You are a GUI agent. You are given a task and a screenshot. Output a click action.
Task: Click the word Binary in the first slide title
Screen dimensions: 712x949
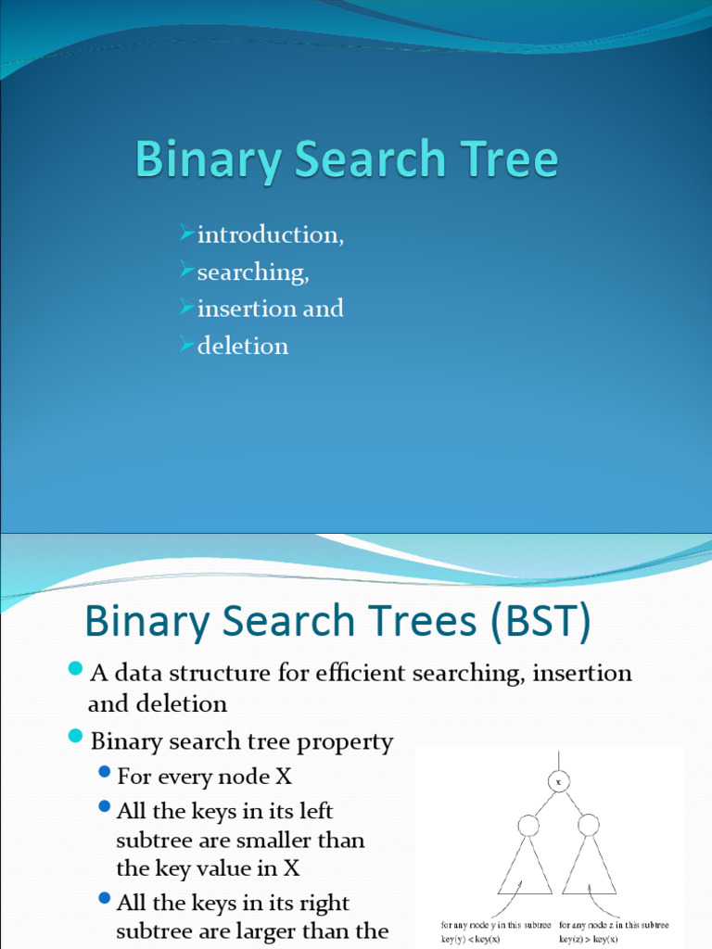click(209, 160)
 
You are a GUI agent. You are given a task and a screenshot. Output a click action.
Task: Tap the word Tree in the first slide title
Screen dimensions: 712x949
click(509, 158)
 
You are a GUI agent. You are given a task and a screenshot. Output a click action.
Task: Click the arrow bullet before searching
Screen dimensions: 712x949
click(187, 270)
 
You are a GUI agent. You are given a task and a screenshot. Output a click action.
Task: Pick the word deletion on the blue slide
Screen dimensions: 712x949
click(243, 346)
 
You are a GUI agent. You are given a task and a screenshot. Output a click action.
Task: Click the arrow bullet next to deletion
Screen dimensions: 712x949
click(187, 344)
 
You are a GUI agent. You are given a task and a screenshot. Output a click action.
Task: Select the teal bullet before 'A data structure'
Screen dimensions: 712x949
click(75, 668)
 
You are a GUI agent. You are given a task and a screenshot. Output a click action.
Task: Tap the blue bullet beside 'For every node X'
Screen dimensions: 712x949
click(105, 772)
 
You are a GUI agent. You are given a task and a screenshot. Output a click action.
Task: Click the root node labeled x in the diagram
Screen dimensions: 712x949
click(558, 781)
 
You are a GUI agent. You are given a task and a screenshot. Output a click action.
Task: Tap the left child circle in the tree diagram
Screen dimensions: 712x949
click(528, 825)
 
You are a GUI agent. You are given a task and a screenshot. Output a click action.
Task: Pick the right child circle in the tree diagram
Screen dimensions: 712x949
click(589, 824)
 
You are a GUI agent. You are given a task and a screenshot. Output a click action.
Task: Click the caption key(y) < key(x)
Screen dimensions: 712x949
click(470, 939)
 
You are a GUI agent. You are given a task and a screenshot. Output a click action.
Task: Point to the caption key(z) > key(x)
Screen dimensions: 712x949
click(589, 939)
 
